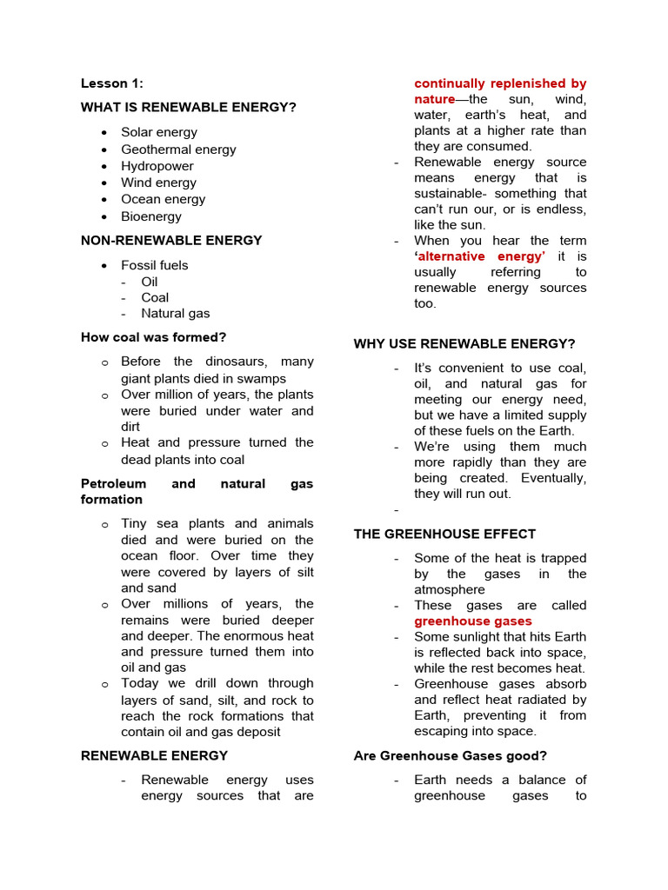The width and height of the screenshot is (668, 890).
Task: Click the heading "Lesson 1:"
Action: click(112, 83)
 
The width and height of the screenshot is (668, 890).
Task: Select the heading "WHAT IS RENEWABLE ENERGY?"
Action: click(189, 107)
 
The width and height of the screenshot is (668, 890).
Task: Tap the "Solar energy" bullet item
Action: click(158, 132)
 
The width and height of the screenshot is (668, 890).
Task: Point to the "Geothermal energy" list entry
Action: click(178, 149)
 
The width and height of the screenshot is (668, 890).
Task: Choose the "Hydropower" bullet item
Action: click(157, 166)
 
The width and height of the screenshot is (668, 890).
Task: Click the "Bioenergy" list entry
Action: click(151, 216)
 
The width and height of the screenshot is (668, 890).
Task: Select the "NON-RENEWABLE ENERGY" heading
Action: click(171, 241)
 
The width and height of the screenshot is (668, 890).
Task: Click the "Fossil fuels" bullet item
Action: click(154, 265)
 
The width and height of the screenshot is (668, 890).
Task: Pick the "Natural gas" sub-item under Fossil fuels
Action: click(175, 314)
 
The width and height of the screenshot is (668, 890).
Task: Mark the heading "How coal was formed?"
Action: click(153, 337)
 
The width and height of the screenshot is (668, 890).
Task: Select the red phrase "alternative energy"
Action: click(481, 256)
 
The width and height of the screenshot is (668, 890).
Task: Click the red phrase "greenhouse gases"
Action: click(472, 621)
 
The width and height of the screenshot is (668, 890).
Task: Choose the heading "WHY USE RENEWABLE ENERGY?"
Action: click(464, 344)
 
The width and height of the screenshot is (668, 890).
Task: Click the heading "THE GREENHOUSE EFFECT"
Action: click(444, 535)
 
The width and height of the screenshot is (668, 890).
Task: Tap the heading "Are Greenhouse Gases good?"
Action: click(450, 756)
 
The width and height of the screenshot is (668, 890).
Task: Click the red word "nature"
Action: click(435, 99)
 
